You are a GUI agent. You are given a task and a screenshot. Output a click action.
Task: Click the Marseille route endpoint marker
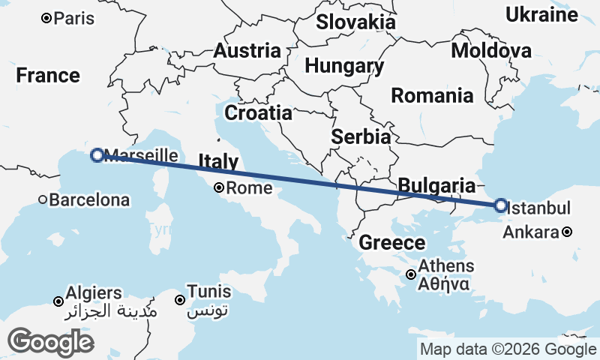tap(97, 155)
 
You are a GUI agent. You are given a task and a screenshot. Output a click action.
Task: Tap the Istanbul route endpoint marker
tap(500, 205)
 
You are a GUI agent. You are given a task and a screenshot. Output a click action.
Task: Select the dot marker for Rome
tap(219, 188)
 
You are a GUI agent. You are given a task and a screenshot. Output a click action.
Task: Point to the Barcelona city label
tap(89, 200)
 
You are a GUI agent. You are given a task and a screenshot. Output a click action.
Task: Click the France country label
tap(48, 76)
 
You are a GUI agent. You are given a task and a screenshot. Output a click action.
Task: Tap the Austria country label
tap(247, 51)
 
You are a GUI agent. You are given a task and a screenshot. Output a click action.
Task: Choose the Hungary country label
tap(344, 66)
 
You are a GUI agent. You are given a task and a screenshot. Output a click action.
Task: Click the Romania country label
tap(432, 96)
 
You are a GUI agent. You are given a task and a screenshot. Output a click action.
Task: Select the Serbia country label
tap(361, 137)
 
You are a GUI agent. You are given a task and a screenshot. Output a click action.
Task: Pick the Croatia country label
tap(258, 113)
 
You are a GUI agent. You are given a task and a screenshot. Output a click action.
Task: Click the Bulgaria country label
tap(436, 185)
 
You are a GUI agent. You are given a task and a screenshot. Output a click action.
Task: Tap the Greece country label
tap(391, 243)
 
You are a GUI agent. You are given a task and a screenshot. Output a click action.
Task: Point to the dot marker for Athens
tap(411, 274)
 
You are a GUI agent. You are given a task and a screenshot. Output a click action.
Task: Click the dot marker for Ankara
tap(568, 232)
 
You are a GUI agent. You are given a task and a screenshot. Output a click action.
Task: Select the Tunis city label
tap(209, 291)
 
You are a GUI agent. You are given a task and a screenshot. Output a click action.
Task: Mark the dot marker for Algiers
tap(58, 301)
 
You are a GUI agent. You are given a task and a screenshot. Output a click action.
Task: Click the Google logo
tap(50, 342)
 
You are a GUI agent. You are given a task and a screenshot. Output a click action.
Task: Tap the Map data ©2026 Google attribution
tap(507, 349)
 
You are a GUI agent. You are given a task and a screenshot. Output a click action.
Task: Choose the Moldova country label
tap(491, 51)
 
